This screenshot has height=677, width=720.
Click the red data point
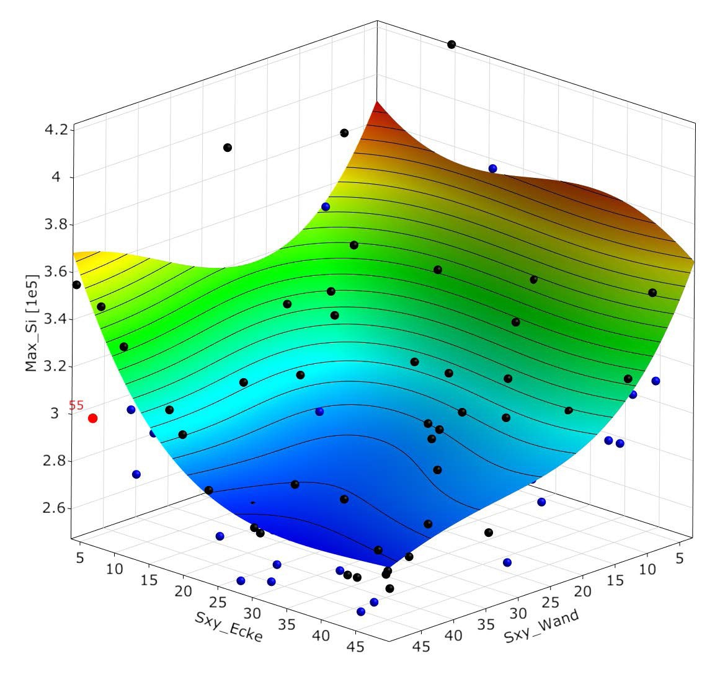pos(93,418)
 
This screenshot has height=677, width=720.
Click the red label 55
pos(76,405)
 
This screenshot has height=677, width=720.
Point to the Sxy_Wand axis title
pos(542,627)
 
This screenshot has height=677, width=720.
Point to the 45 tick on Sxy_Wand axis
pos(422,647)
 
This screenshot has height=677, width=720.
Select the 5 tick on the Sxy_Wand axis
pos(679,559)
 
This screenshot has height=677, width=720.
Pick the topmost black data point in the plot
pos(451,44)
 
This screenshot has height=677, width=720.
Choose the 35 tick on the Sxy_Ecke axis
pos(288,626)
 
